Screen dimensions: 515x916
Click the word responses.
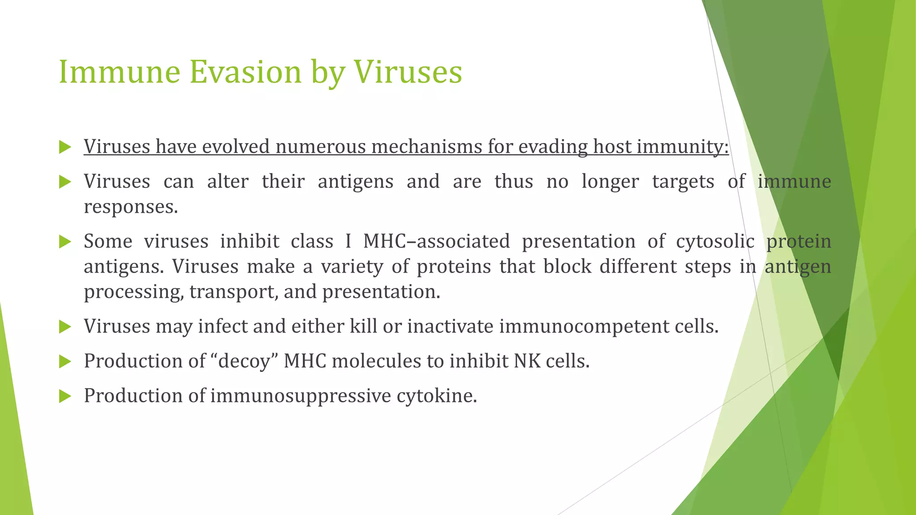tap(131, 207)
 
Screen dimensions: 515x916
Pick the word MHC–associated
tap(436, 241)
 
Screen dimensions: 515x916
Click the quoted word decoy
tap(244, 361)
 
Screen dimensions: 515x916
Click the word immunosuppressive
tap(301, 396)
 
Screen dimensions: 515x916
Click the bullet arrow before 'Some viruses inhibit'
tap(65, 242)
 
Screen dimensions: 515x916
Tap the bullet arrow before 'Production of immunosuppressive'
tap(65, 396)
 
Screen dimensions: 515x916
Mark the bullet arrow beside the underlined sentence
tap(65, 147)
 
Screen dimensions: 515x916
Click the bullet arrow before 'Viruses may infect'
tap(65, 327)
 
